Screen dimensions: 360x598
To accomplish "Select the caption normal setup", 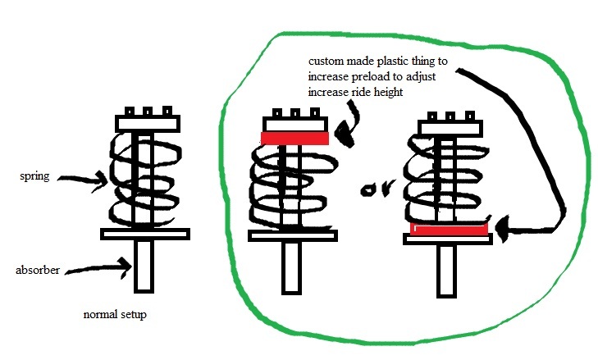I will pyautogui.click(x=116, y=315).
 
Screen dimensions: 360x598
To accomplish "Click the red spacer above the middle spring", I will pyautogui.click(x=294, y=139).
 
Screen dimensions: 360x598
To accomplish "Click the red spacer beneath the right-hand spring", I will pyautogui.click(x=448, y=228).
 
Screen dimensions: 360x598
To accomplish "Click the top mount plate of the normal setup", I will pyautogui.click(x=145, y=123).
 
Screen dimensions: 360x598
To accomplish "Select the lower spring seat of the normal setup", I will pyautogui.click(x=145, y=234).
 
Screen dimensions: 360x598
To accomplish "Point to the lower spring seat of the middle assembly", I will pyautogui.click(x=293, y=235).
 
